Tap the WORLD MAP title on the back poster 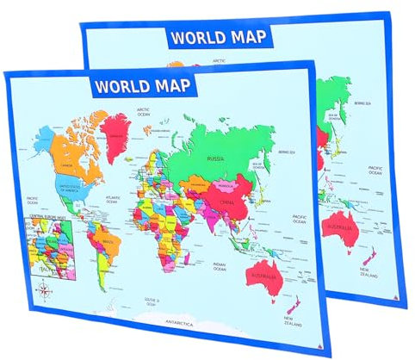tap(218, 37)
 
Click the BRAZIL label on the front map tap(107, 244)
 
